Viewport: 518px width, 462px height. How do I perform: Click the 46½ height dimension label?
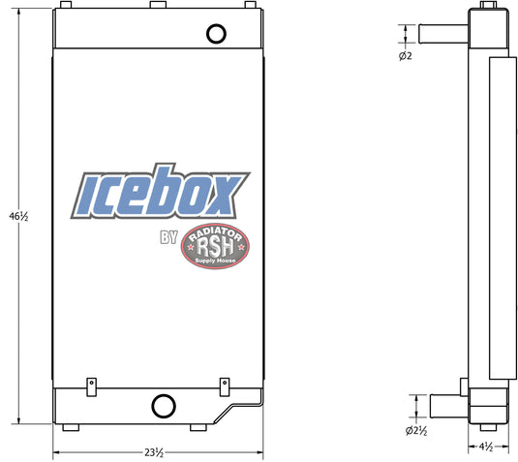(x=18, y=217)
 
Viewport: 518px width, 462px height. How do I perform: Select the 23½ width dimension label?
(x=154, y=452)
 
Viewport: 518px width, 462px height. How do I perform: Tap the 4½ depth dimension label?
(x=486, y=447)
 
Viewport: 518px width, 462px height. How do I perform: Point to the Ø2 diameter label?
(x=406, y=56)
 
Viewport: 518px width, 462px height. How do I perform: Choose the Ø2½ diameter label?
(x=416, y=431)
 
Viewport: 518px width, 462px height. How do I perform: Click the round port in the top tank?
(x=216, y=34)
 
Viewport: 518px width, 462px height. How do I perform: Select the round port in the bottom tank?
(x=164, y=406)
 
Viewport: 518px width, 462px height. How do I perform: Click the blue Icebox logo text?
(x=160, y=192)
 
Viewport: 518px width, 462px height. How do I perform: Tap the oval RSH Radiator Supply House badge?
(x=215, y=246)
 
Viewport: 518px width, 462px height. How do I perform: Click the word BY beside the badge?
(x=168, y=237)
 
